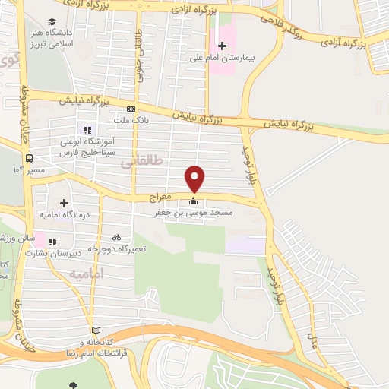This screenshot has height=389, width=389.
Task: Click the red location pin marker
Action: [x=195, y=178]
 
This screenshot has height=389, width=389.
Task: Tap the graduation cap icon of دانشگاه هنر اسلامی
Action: [x=51, y=21]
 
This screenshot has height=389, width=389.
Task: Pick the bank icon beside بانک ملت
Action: [x=131, y=109]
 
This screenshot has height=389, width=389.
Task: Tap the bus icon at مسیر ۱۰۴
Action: [x=29, y=159]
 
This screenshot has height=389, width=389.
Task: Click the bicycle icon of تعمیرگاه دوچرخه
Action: [x=116, y=236]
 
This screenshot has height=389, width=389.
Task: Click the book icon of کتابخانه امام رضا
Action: [x=95, y=330]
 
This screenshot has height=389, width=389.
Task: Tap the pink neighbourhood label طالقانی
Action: [x=141, y=161]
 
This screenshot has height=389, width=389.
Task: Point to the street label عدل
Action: [x=312, y=327]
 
